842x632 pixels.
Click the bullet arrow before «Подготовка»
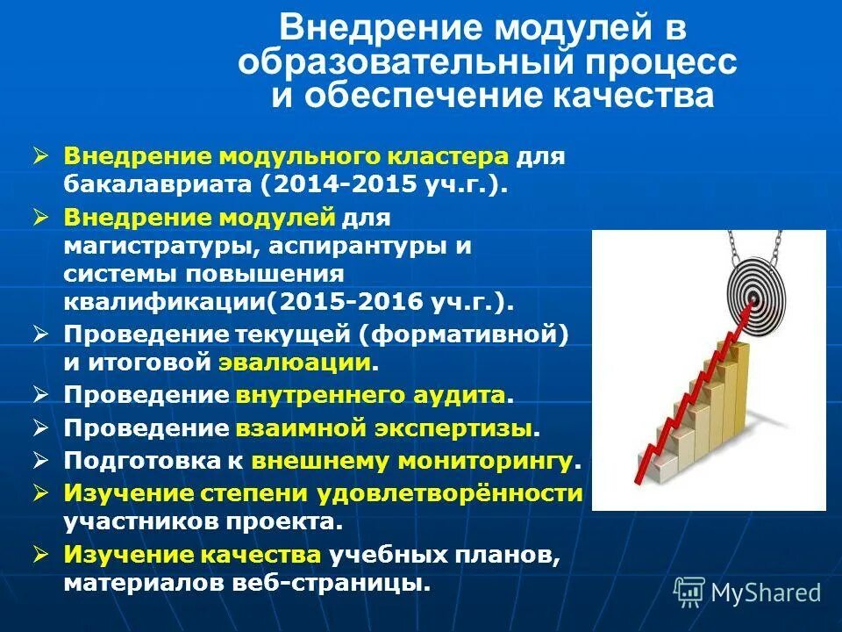40,459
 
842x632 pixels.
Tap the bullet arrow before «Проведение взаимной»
40,427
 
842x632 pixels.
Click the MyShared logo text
766,592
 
